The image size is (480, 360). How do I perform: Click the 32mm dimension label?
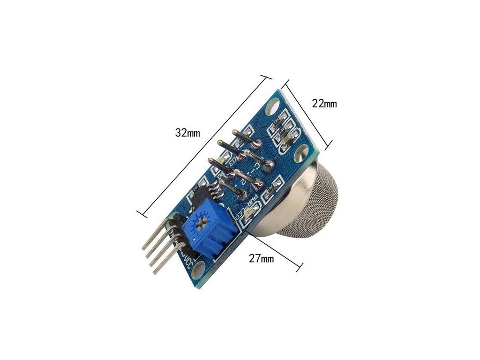pyautogui.click(x=187, y=133)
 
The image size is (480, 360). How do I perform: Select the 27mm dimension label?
pyautogui.click(x=261, y=258)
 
